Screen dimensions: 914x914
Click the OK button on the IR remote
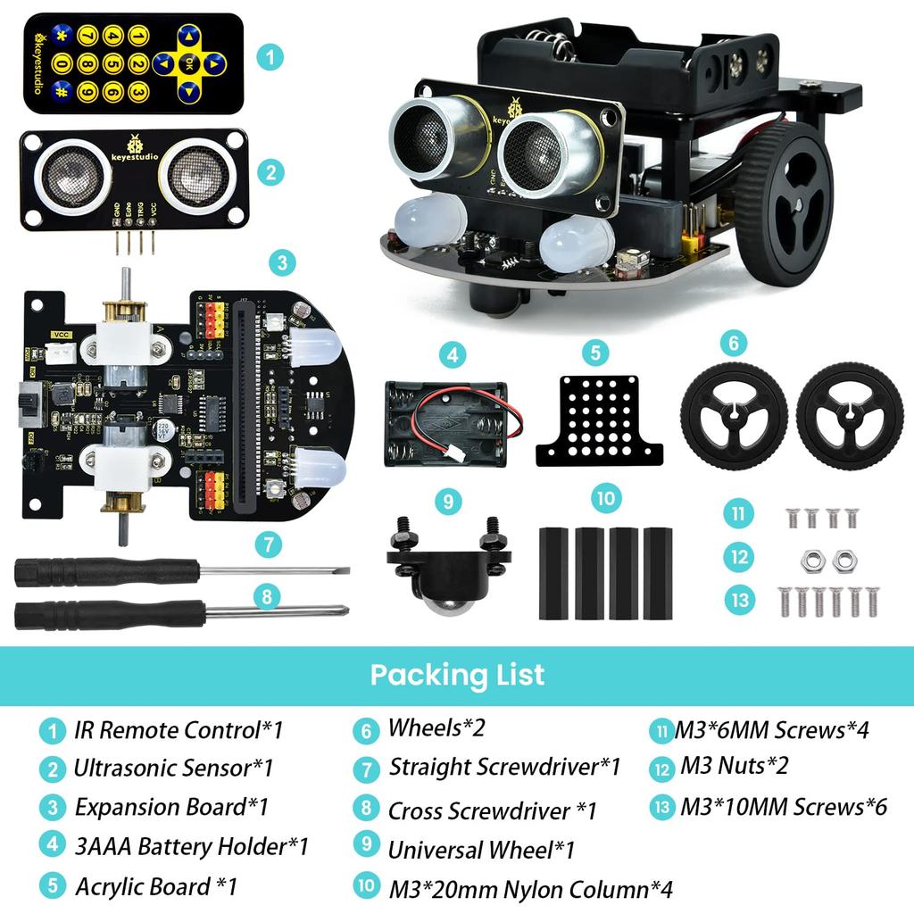(188, 64)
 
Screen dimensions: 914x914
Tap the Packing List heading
(457, 674)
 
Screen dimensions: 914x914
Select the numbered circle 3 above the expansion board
(282, 263)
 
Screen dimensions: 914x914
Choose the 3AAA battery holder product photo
(445, 424)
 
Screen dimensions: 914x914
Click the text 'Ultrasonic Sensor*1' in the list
(173, 769)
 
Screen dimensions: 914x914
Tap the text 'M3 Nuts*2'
(734, 766)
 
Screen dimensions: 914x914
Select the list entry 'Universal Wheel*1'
(480, 850)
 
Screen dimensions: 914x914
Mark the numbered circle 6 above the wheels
(732, 343)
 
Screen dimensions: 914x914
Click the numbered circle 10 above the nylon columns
(606, 498)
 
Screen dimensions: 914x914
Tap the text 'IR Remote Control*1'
(178, 730)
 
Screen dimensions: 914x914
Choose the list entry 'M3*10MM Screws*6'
(783, 807)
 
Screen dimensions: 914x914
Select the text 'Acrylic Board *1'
(155, 886)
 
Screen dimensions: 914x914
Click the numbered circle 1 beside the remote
(270, 58)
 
